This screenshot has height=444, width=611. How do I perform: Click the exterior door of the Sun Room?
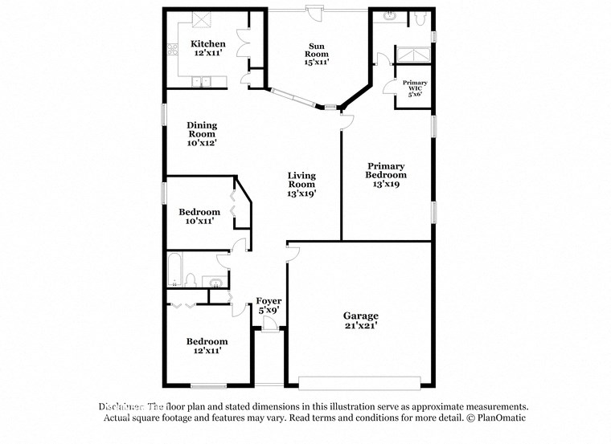coord(314,12)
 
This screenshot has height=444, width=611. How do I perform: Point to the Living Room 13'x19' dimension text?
coord(302,193)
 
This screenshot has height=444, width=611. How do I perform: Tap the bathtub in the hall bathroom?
coord(175,270)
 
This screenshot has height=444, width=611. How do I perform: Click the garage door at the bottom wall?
coord(359,381)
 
